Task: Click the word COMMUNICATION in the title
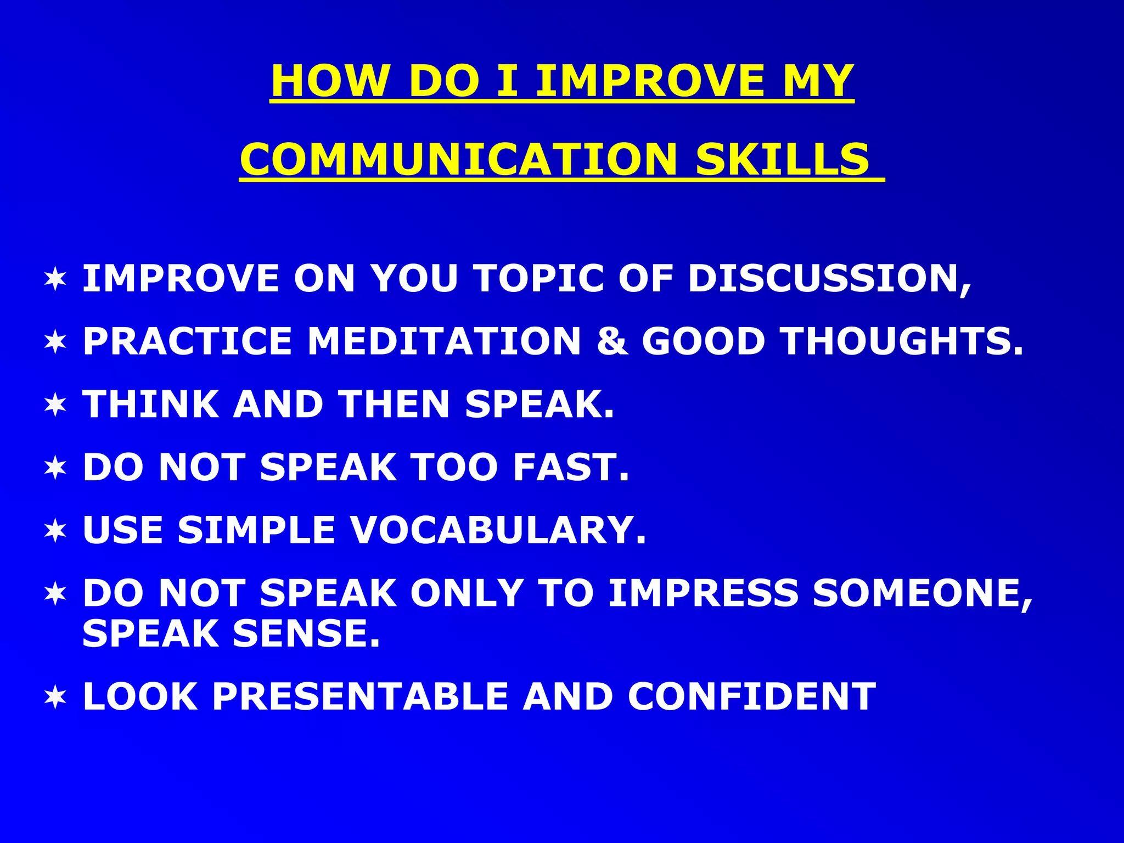[458, 159]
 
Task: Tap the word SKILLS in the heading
[783, 159]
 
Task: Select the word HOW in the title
[329, 81]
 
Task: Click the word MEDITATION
[444, 341]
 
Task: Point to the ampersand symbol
[611, 341]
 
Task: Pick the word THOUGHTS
[902, 341]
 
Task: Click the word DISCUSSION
[829, 278]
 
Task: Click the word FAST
[571, 467]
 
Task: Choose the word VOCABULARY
[498, 530]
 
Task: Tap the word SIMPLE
[256, 530]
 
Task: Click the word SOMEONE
[922, 593]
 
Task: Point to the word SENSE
[306, 633]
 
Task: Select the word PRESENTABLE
[360, 696]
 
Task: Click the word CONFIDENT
[751, 696]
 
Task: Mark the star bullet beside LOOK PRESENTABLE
[55, 697]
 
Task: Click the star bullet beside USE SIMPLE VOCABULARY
[55, 531]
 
